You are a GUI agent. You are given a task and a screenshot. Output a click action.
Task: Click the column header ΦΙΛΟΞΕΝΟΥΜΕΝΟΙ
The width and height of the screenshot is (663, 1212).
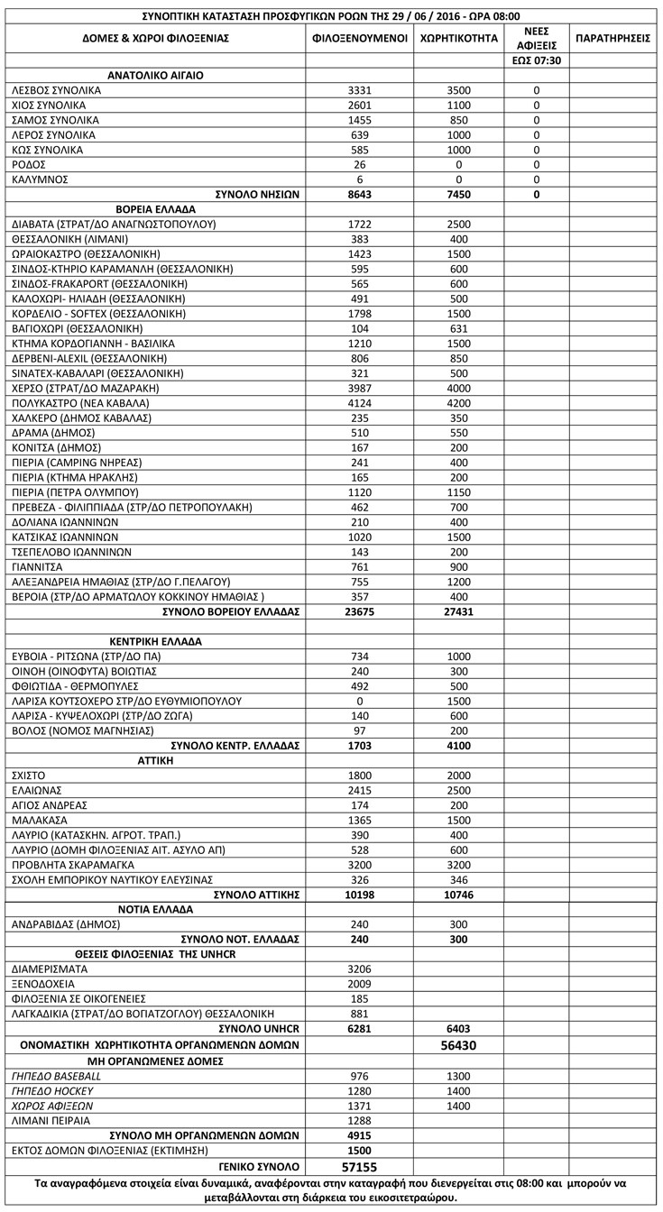tap(359, 39)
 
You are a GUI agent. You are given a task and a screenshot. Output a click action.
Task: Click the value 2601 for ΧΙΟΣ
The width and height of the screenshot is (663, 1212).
tap(359, 106)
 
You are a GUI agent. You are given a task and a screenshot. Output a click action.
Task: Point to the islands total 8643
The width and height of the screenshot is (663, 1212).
tap(359, 195)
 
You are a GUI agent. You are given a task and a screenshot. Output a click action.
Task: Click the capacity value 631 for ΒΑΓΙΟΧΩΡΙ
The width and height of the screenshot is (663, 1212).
tap(459, 329)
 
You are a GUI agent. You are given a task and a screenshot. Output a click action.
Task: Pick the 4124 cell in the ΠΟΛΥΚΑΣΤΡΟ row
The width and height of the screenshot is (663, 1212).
tap(359, 403)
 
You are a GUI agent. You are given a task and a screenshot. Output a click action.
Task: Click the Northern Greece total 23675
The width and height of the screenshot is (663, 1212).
tap(359, 612)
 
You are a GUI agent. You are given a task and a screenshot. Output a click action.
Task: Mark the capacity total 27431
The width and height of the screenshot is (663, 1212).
tap(459, 612)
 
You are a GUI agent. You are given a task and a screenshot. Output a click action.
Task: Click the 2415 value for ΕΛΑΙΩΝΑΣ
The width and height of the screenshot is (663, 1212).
tap(359, 790)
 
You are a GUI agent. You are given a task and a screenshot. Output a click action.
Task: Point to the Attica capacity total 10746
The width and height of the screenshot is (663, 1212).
tap(459, 895)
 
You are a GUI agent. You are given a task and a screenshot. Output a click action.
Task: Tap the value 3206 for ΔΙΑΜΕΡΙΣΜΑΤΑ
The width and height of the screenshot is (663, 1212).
tap(359, 969)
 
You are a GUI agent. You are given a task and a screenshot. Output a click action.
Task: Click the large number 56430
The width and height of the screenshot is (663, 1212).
tap(459, 1045)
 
